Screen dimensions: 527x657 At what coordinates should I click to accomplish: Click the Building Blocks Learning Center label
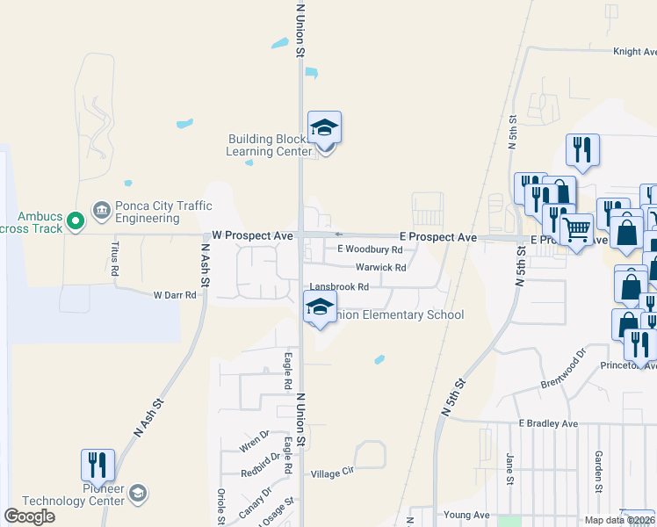click(269, 145)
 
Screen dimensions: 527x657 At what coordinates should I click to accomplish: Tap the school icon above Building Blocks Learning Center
click(324, 128)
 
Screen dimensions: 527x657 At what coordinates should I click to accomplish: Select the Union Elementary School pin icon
click(319, 308)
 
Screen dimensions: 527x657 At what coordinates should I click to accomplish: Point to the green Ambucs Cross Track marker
click(76, 219)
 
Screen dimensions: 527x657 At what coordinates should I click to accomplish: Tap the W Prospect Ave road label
click(252, 236)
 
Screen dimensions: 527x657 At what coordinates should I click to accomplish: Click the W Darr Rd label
click(175, 295)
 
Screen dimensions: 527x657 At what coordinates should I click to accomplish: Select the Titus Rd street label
click(114, 255)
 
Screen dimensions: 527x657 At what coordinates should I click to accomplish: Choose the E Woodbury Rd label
click(370, 250)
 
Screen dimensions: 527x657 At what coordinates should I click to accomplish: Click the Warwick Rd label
click(380, 268)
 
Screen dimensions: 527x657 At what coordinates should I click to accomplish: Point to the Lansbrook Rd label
click(339, 287)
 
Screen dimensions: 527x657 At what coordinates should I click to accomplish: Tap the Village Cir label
click(332, 473)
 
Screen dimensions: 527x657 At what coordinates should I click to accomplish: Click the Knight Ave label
click(634, 52)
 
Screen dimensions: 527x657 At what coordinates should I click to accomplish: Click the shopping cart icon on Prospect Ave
click(576, 229)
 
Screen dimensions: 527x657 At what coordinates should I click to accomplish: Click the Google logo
click(30, 516)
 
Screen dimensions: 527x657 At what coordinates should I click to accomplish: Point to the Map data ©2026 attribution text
click(618, 520)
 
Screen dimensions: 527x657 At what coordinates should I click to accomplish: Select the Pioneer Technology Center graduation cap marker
click(138, 495)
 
